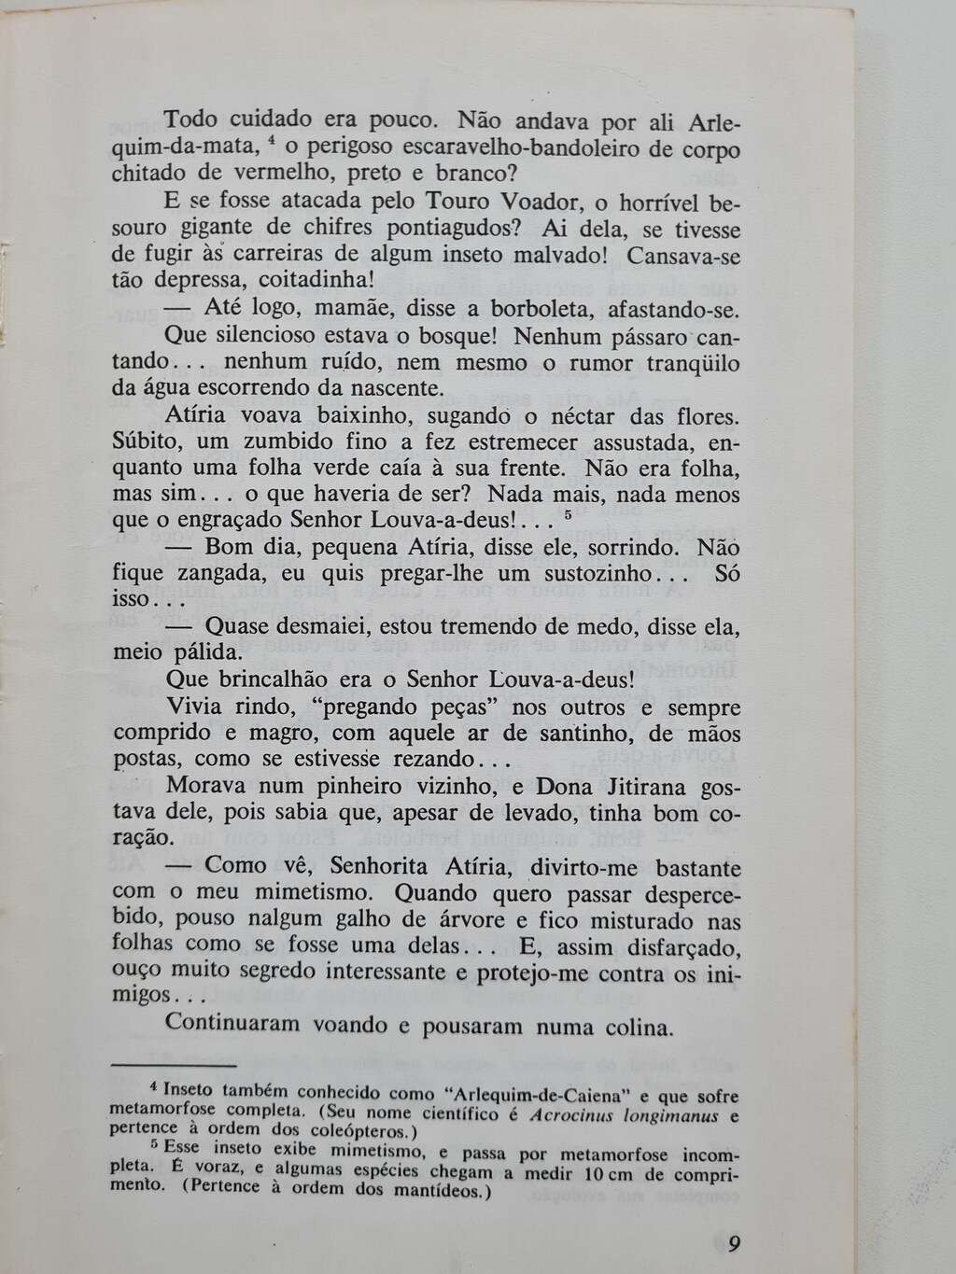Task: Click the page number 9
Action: pos(734,1243)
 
